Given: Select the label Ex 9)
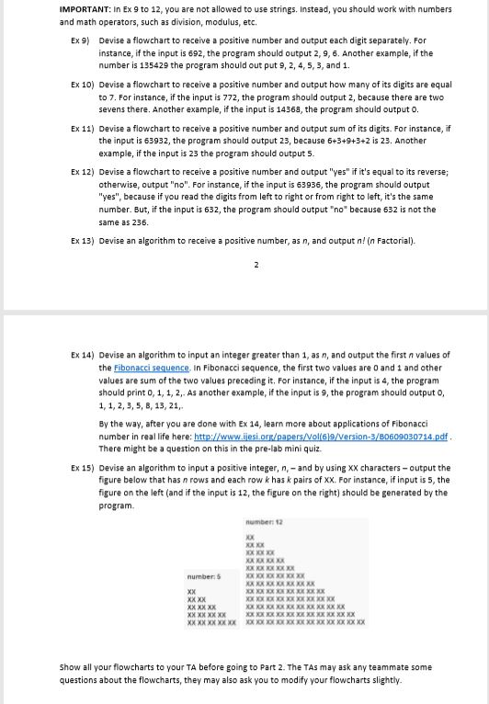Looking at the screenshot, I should coord(81,41).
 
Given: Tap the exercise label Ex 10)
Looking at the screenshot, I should coord(83,84).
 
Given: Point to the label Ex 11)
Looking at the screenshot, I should coord(83,129).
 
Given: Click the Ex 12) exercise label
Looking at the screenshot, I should coord(83,172).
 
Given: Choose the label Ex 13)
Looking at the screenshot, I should coord(83,241).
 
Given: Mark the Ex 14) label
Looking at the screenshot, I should coord(83,355).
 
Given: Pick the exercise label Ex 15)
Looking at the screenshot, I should coord(83,468).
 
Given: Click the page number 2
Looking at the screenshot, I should coord(256,266).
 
